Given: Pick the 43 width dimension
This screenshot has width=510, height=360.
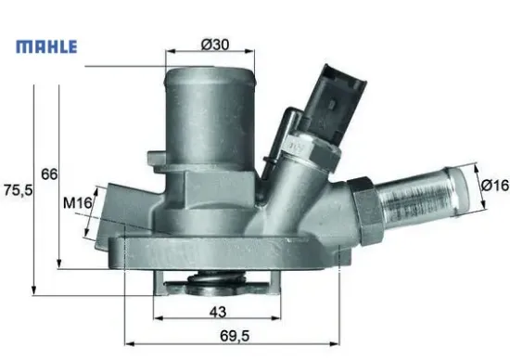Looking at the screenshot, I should (219, 311).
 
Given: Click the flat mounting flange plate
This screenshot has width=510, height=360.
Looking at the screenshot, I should (223, 252).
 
